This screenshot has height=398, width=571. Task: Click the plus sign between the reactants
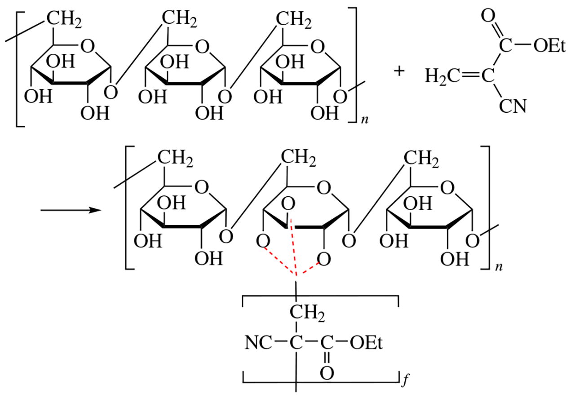click(398, 71)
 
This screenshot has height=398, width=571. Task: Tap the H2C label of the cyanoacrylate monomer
click(441, 76)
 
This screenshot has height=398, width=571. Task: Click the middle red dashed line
click(294, 247)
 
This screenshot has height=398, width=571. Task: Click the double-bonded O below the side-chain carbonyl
click(327, 373)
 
